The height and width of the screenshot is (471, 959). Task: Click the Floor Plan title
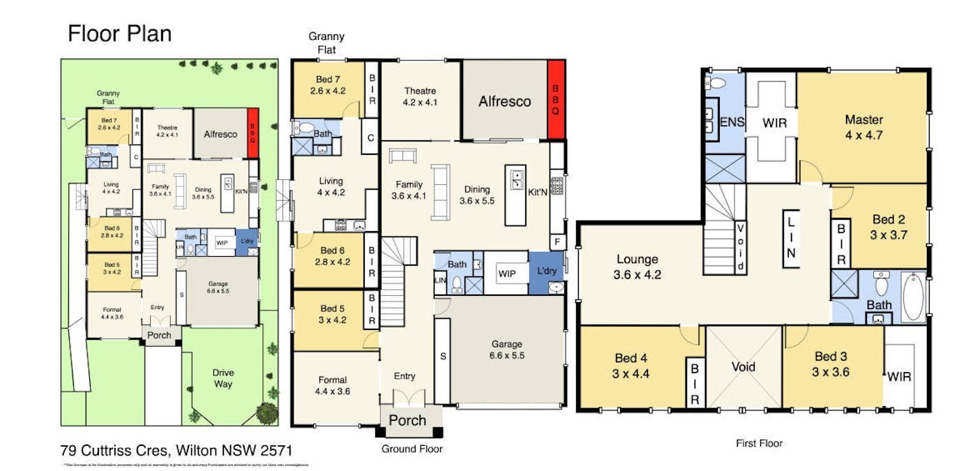click(x=119, y=34)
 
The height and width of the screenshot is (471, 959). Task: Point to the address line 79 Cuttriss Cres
click(x=176, y=450)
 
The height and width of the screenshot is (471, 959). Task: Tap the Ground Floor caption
click(x=411, y=449)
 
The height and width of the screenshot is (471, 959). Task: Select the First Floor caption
click(x=760, y=443)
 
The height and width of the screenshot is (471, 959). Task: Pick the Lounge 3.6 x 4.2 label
click(x=637, y=267)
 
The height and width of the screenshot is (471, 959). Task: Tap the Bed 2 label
click(x=888, y=228)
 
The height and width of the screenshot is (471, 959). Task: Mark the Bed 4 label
click(x=631, y=364)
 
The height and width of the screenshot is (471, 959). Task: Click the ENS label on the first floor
click(x=732, y=123)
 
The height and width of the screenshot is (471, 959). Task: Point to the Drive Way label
click(x=223, y=378)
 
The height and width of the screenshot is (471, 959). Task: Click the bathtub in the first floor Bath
click(x=913, y=297)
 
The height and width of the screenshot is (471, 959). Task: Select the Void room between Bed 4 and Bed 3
click(x=743, y=366)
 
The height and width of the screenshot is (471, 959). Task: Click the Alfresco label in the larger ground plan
click(x=504, y=101)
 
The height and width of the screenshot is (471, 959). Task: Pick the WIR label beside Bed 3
click(x=898, y=377)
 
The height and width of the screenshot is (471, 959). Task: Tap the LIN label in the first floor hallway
click(x=790, y=237)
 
